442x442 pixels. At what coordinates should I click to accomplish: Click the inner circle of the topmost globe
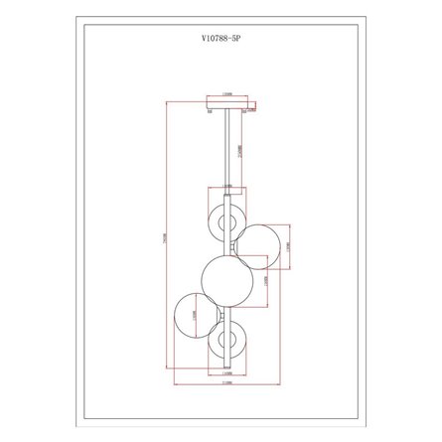[x=226, y=216]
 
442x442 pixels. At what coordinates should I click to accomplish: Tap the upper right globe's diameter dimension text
[x=287, y=245]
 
